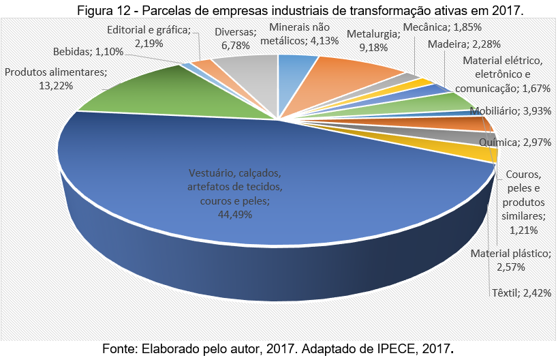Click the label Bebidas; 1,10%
tap(89, 52)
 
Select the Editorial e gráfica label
tap(149, 36)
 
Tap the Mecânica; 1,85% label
tap(442, 27)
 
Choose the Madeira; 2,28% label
tap(464, 44)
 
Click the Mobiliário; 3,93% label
tap(511, 111)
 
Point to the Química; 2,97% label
tap(515, 142)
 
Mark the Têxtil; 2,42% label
tap(522, 293)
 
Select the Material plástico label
tap(511, 260)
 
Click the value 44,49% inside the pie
tap(235, 214)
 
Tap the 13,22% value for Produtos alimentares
tap(56, 86)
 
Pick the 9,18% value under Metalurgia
tap(373, 47)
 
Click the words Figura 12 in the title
tap(105, 10)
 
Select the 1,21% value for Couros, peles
tap(523, 230)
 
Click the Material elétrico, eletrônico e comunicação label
tap(503, 74)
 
